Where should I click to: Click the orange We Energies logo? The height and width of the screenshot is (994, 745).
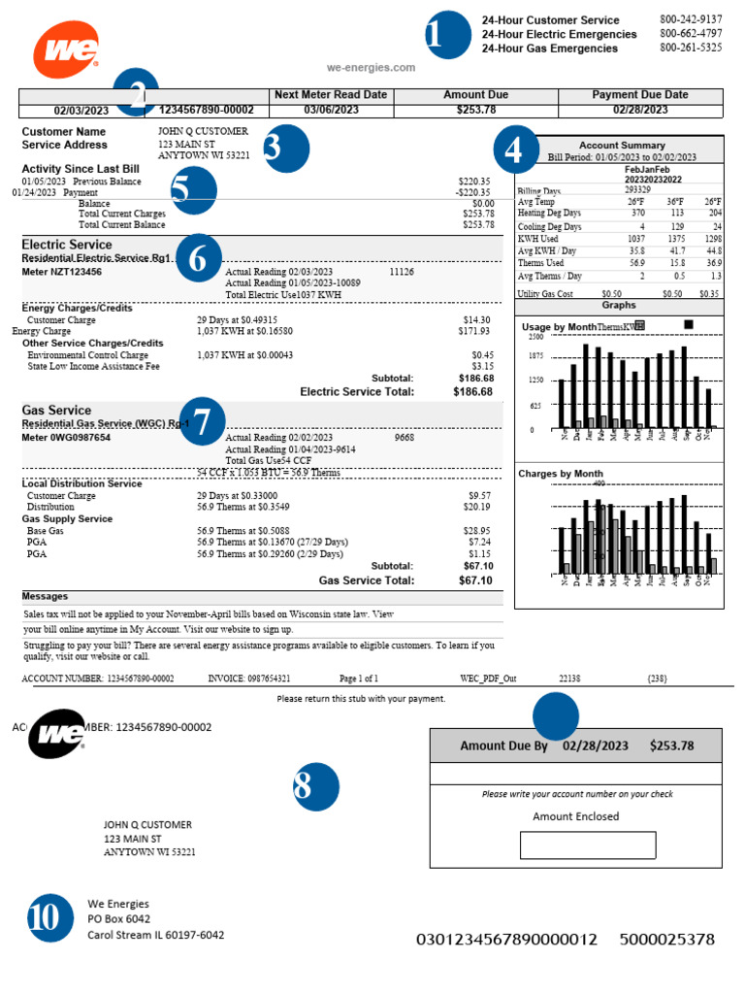(x=66, y=50)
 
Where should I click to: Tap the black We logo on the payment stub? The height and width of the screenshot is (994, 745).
(x=57, y=733)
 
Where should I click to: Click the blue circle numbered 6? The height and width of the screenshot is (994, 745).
(x=197, y=258)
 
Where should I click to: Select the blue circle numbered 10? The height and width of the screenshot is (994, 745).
(x=45, y=917)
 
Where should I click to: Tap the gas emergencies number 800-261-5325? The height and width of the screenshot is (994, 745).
(x=691, y=48)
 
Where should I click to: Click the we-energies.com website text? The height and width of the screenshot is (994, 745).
(x=372, y=68)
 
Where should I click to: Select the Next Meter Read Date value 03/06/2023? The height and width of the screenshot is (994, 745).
(x=331, y=110)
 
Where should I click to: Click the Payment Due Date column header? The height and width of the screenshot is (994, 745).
(x=639, y=95)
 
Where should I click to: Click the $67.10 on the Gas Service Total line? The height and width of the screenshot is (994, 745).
(x=475, y=580)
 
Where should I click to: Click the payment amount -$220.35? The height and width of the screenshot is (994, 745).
(x=473, y=192)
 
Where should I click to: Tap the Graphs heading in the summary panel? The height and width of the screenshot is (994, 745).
(x=619, y=305)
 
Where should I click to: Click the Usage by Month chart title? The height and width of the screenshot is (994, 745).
(x=558, y=327)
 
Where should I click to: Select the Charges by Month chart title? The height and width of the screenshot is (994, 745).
(x=562, y=474)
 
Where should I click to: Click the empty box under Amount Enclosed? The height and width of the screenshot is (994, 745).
(x=573, y=845)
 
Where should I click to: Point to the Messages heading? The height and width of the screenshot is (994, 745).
(x=45, y=596)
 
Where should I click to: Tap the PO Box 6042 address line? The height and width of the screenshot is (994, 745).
(x=119, y=919)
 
